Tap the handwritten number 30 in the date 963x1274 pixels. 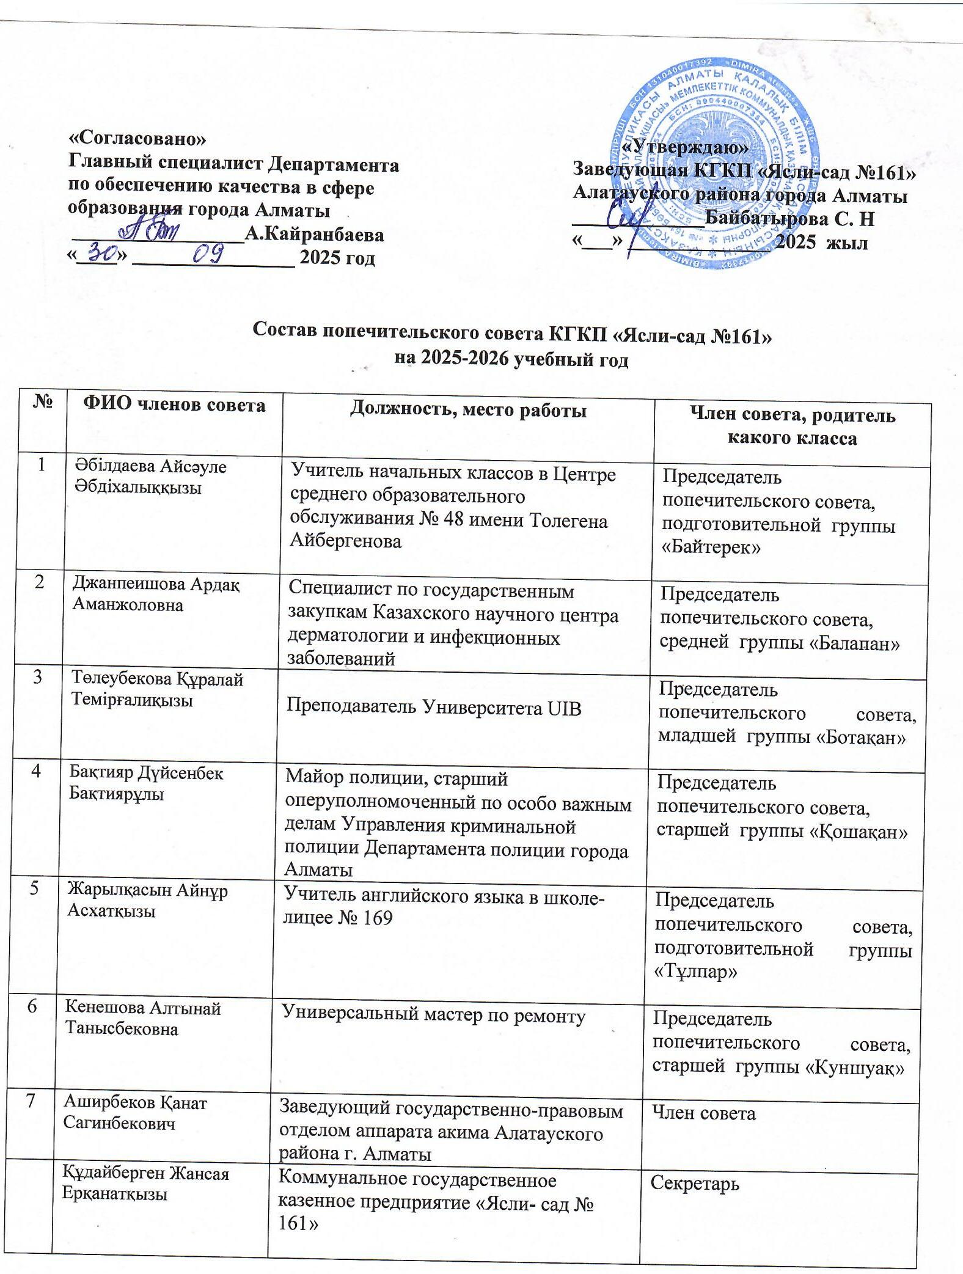click(x=100, y=252)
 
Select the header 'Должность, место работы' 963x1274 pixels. click(x=468, y=410)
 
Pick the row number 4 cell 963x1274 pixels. click(x=38, y=771)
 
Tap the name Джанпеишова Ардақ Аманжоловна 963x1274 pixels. click(x=156, y=595)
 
